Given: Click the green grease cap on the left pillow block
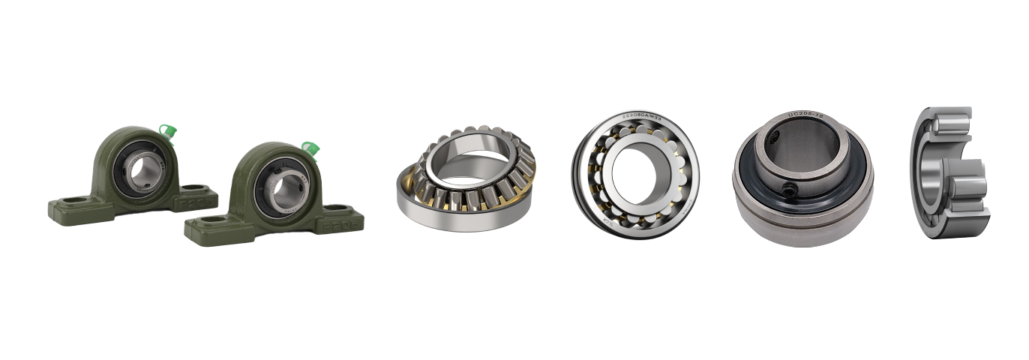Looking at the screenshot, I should click(169, 132).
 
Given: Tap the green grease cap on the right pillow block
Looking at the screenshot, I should click(307, 148).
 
